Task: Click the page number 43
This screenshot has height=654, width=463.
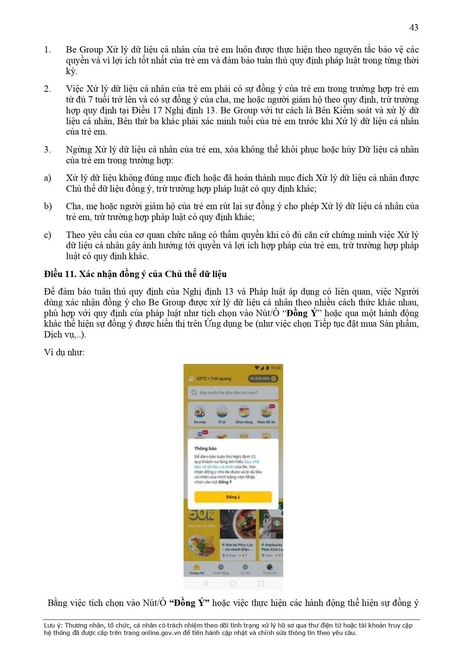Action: point(413,28)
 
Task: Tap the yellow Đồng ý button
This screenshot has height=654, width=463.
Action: point(233,497)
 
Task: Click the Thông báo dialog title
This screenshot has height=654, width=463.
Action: point(205,448)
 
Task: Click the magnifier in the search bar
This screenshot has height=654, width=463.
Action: point(194,393)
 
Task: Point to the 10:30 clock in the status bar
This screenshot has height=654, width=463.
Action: point(276,368)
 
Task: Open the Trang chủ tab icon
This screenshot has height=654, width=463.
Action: point(196,567)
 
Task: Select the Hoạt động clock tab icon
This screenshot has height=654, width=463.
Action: point(221,567)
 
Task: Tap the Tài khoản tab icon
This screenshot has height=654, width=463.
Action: point(269,567)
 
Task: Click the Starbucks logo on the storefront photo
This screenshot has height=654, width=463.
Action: point(277,523)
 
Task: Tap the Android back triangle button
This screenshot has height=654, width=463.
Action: point(205,584)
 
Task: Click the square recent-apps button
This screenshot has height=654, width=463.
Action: point(261,584)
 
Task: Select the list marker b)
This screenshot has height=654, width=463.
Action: point(48,206)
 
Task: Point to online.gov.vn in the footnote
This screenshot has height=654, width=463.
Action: point(161,633)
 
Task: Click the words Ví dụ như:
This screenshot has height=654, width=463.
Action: point(64,352)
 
